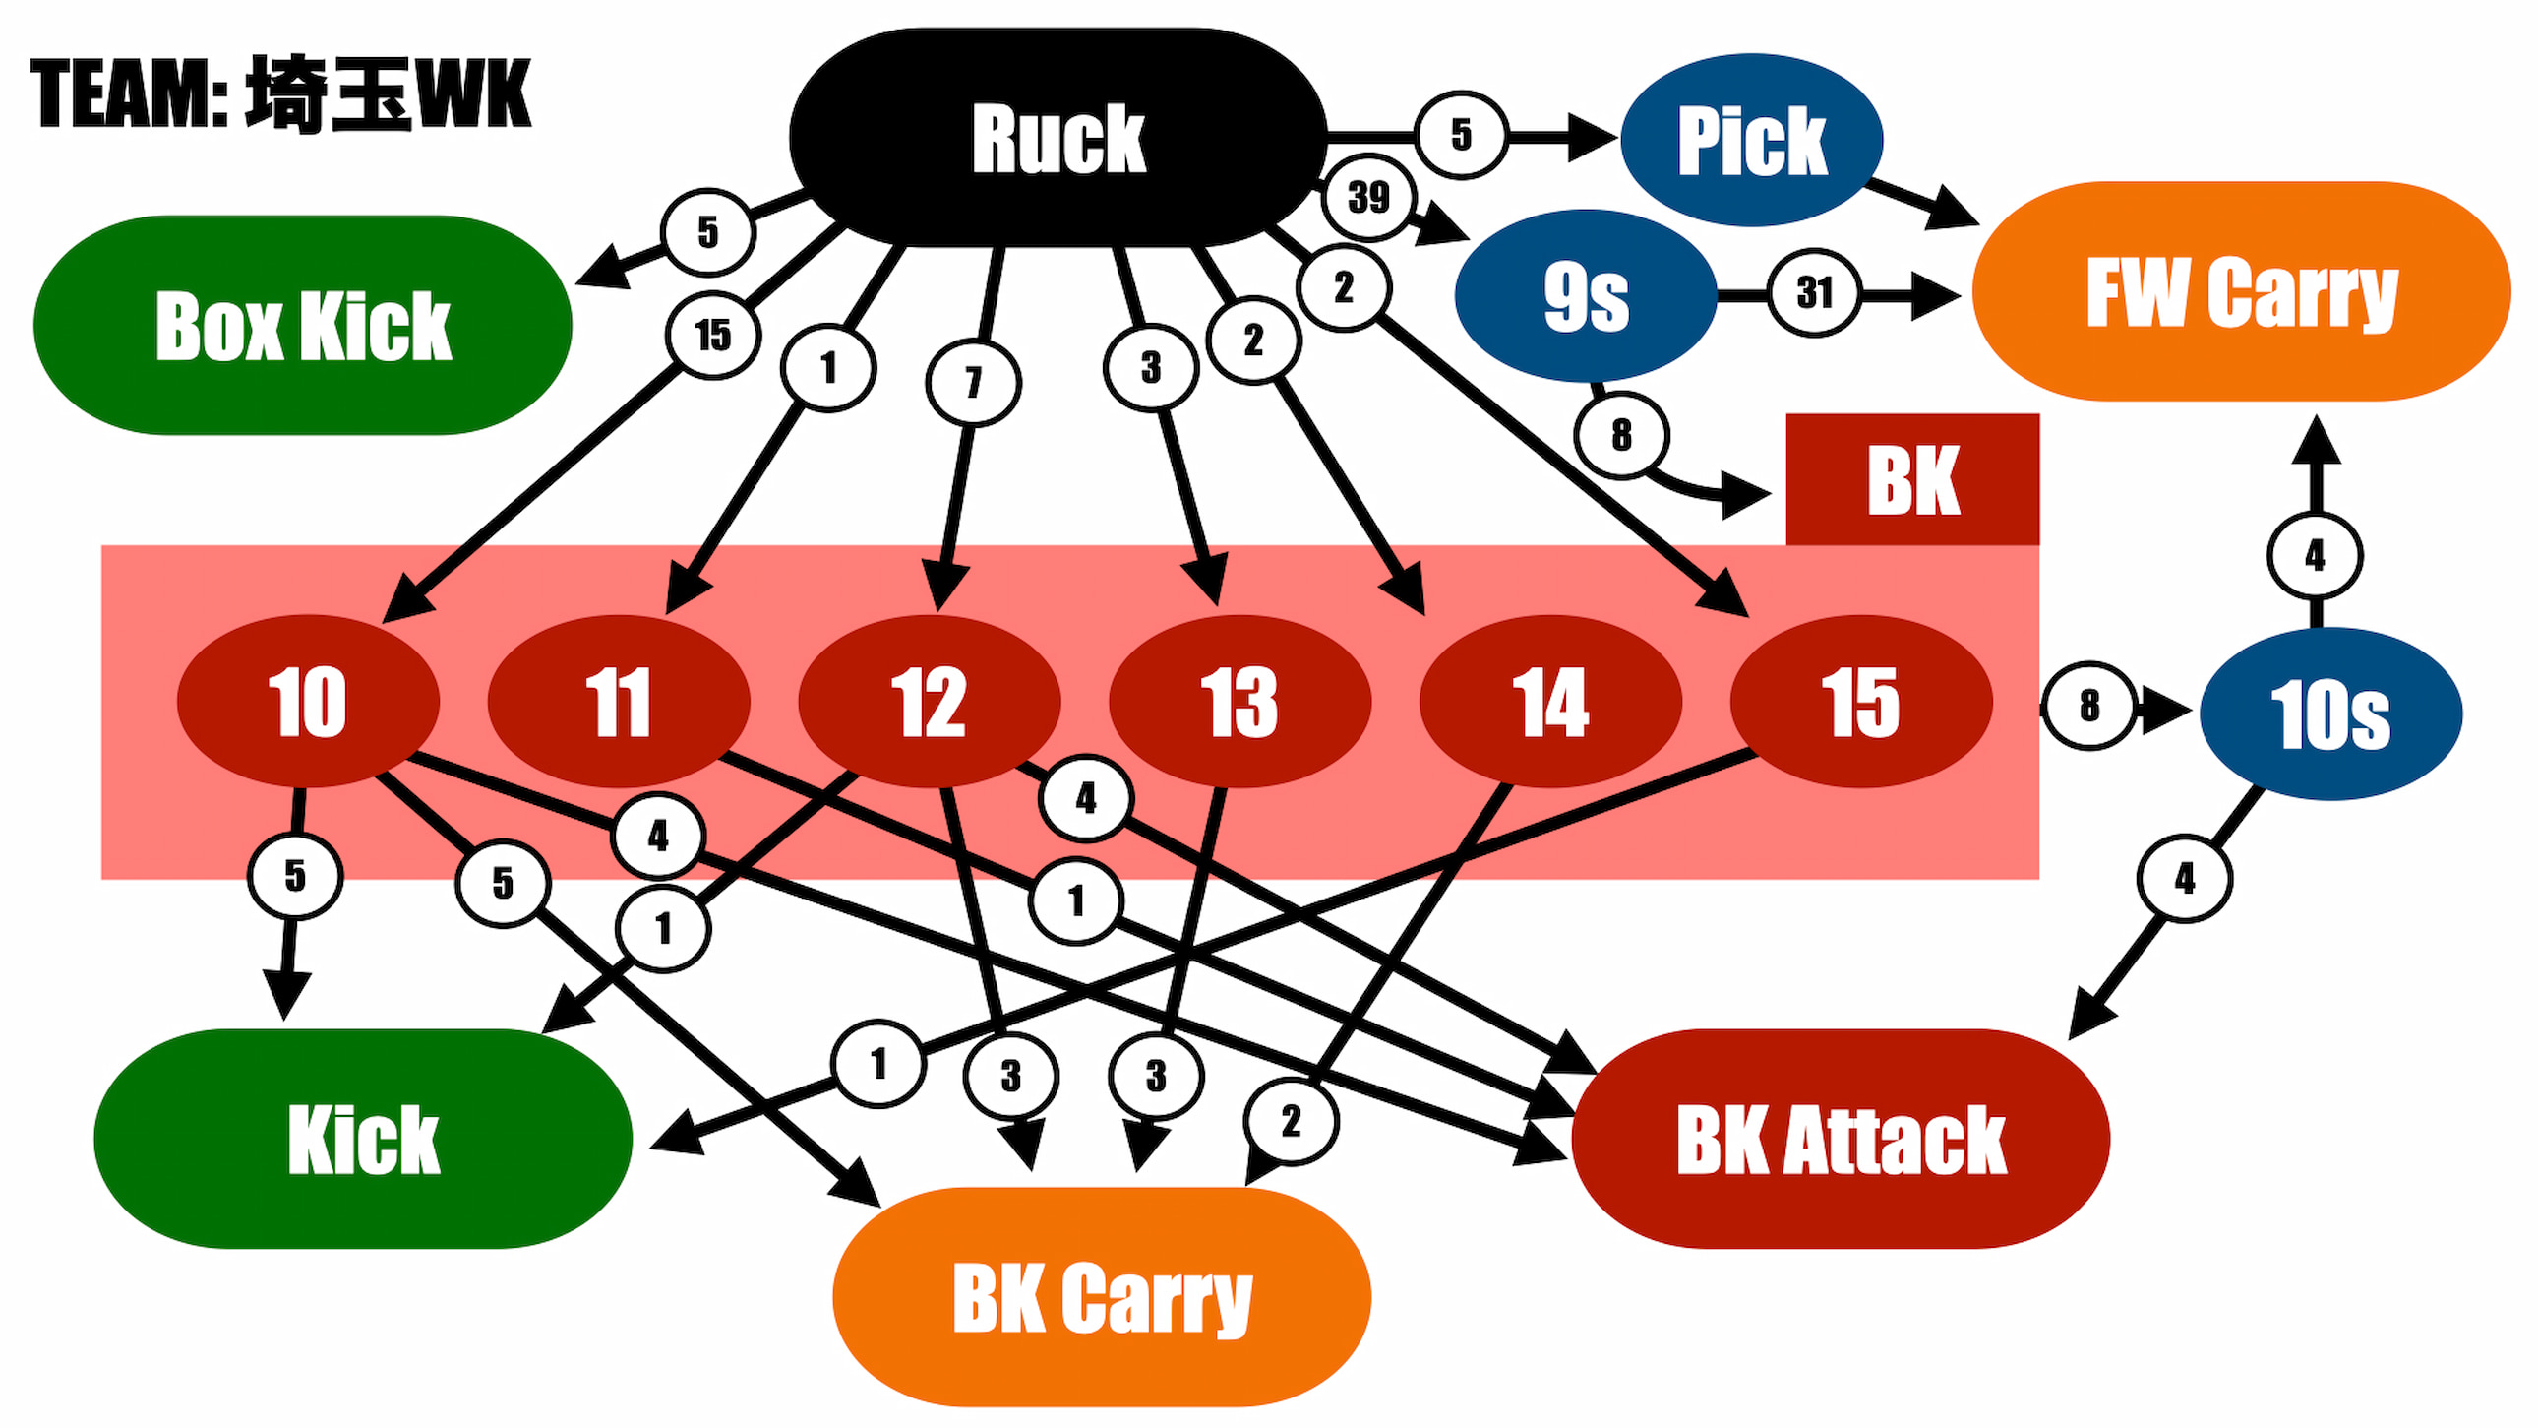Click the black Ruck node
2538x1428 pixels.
click(1058, 137)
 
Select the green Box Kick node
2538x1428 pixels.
click(302, 325)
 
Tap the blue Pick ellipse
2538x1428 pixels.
click(1752, 140)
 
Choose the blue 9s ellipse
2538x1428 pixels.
click(1585, 294)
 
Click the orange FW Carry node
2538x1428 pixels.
click(2242, 290)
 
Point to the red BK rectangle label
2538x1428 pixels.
click(1912, 479)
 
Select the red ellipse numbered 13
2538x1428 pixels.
click(1239, 701)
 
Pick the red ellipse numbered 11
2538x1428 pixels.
click(619, 701)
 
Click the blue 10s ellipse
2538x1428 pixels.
click(2330, 714)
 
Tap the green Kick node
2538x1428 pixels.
click(363, 1139)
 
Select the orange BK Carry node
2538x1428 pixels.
click(1102, 1296)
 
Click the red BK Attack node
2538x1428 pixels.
click(1841, 1139)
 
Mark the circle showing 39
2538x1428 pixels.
click(1368, 197)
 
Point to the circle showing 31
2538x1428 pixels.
click(1814, 292)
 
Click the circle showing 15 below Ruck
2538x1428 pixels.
click(712, 335)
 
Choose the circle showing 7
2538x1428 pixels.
click(973, 383)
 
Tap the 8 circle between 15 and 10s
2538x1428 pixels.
click(2088, 706)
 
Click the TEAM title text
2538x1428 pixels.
click(280, 93)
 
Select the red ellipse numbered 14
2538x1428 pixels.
click(1549, 701)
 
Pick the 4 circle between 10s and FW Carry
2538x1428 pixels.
click(2315, 556)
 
